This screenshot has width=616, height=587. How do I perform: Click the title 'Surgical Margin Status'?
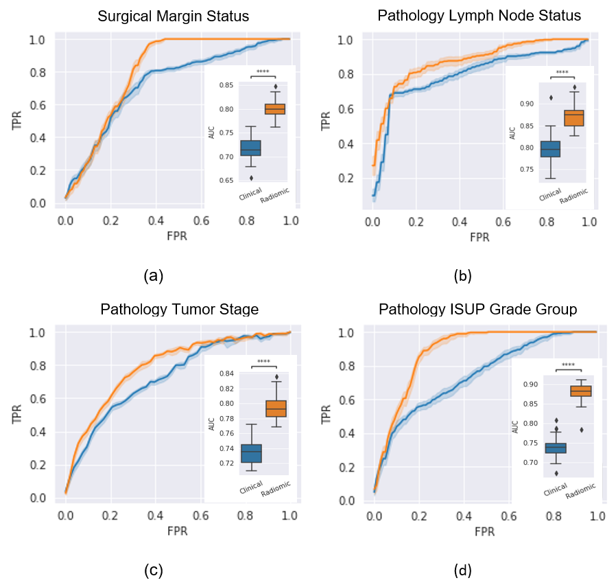tap(174, 16)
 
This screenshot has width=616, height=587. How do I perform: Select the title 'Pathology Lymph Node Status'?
tap(480, 15)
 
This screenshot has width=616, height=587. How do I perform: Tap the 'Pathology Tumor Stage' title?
tap(180, 309)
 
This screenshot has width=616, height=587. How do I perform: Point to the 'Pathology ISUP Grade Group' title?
tap(478, 310)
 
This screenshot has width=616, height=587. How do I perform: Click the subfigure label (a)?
tap(153, 276)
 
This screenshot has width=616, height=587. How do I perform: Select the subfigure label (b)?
tap(463, 276)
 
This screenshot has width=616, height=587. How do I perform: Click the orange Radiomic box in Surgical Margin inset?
tap(275, 108)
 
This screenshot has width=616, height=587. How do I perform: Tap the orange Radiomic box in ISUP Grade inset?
tap(580, 391)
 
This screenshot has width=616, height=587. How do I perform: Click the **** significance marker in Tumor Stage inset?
tap(263, 362)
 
